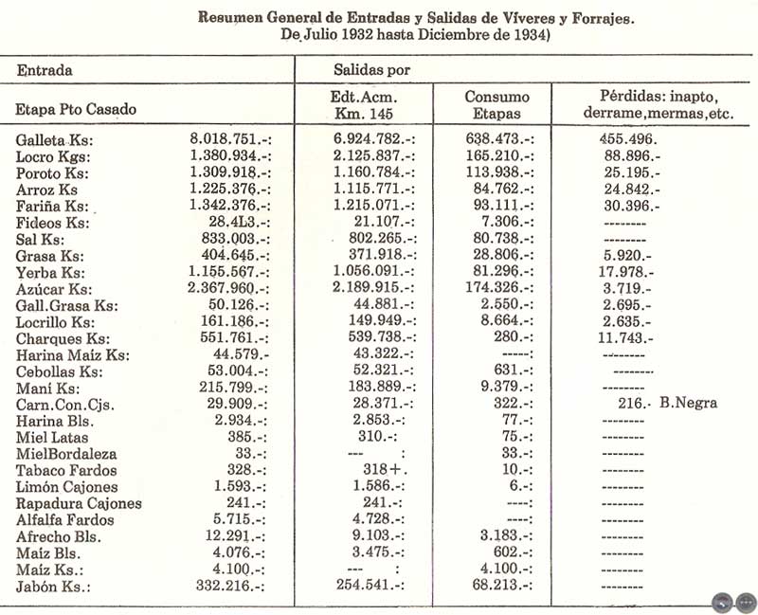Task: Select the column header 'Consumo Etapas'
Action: tap(496, 104)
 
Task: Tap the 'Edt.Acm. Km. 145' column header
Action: tap(364, 104)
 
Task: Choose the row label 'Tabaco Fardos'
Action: tap(66, 470)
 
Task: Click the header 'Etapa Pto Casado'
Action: tap(76, 109)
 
